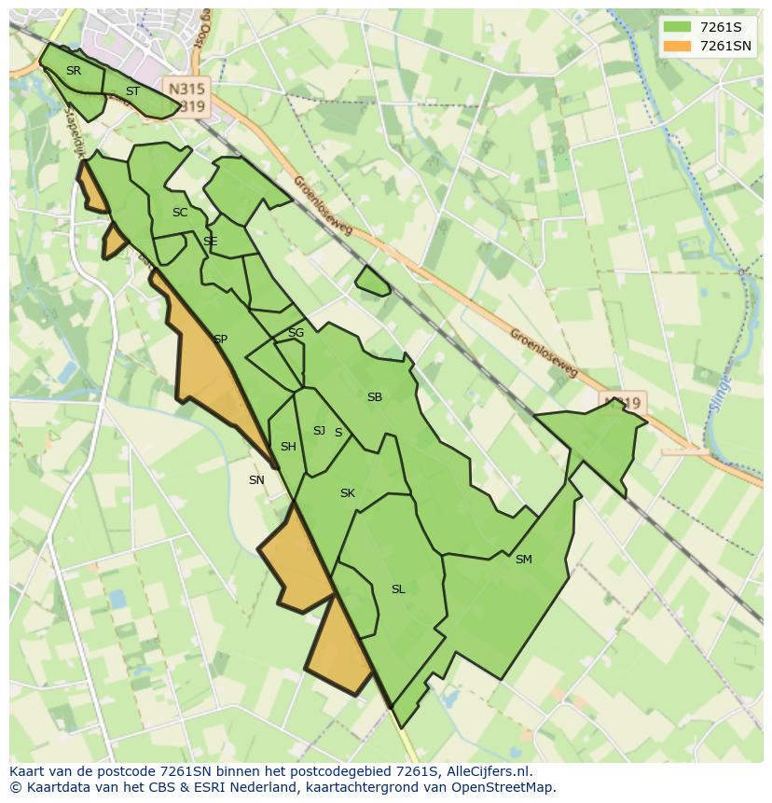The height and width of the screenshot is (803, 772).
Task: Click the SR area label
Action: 74,71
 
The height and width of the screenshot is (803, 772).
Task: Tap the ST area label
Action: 132,91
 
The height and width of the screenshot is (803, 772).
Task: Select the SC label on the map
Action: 180,213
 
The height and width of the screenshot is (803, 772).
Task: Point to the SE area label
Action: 210,242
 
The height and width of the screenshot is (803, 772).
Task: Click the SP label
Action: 220,339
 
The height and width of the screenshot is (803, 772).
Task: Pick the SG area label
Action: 296,333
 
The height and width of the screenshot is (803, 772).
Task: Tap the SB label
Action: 374,397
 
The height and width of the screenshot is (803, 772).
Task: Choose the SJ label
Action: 319,431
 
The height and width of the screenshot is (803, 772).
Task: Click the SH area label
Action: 288,447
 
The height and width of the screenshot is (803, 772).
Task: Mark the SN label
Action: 256,480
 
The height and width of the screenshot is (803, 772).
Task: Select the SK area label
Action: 347,493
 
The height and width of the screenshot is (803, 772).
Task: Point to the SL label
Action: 398,589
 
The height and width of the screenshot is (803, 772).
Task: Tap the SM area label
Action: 523,560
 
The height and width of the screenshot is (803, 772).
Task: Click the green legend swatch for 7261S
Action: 676,27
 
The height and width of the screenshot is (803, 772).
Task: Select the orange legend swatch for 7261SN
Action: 676,46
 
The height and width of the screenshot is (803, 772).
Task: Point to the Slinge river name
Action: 724,383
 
